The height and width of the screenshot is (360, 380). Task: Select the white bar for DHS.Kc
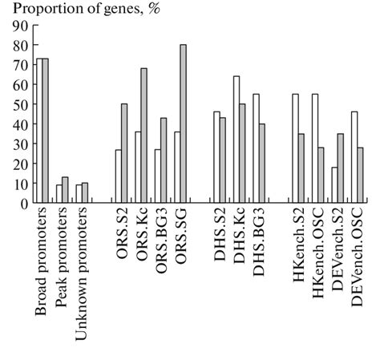click(236, 140)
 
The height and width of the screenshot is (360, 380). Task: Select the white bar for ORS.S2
click(118, 176)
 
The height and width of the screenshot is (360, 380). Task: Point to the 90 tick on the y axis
click(33, 26)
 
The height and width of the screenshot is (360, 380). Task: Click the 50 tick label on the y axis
click(20, 104)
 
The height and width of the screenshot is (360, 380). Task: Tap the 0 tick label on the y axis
click(24, 203)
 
